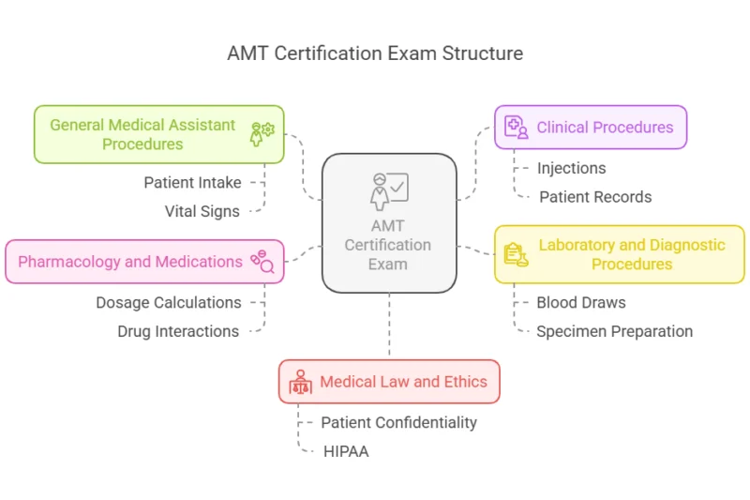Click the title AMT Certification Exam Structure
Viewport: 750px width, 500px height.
coord(375,53)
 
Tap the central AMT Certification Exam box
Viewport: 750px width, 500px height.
coord(389,223)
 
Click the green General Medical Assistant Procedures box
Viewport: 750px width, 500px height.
coord(158,134)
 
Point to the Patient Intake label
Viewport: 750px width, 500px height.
coord(192,182)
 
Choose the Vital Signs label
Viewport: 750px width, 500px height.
coord(202,211)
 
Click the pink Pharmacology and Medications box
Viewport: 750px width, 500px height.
coord(144,262)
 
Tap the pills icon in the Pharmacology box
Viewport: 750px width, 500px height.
coord(261,262)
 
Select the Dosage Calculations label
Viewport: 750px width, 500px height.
coord(169,302)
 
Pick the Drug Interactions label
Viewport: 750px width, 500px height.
coord(178,331)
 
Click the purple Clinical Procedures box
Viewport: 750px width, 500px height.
coord(591,128)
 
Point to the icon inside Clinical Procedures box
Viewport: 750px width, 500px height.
coord(517,128)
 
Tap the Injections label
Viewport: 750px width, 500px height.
coord(571,168)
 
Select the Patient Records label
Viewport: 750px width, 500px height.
coord(595,197)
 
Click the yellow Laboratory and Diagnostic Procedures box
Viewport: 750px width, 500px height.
coord(620,254)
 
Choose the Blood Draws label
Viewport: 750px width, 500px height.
coord(580,302)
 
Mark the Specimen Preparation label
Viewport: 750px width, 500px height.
coord(614,331)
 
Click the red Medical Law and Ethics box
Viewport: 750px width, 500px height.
coord(389,382)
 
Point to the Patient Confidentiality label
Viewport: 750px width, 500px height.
coord(398,422)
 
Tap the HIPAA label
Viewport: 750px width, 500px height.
coord(346,451)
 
